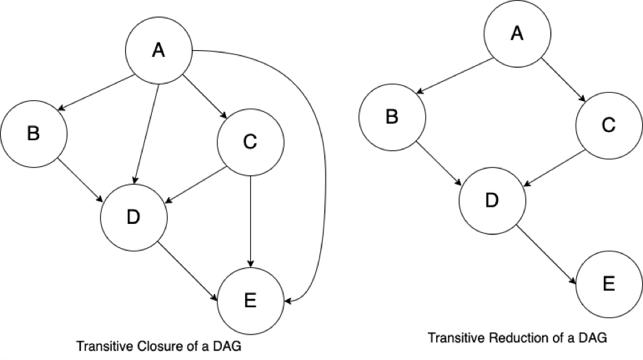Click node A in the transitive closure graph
pos(158,50)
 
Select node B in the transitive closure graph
pos(34,134)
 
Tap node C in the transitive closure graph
pos(250,142)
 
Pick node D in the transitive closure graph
pos(134,217)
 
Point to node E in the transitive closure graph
pos(250,301)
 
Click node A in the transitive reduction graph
pos(517,34)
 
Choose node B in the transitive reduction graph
pos(392,117)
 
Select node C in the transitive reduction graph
pos(609,126)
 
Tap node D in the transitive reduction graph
pos(492,201)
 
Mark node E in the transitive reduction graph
pos(609,284)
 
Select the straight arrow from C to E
pos(250,221)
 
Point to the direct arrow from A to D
pos(146,133)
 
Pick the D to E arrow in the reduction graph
pos(546,254)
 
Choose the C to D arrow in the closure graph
pos(196,185)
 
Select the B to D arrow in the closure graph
pos(80,179)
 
